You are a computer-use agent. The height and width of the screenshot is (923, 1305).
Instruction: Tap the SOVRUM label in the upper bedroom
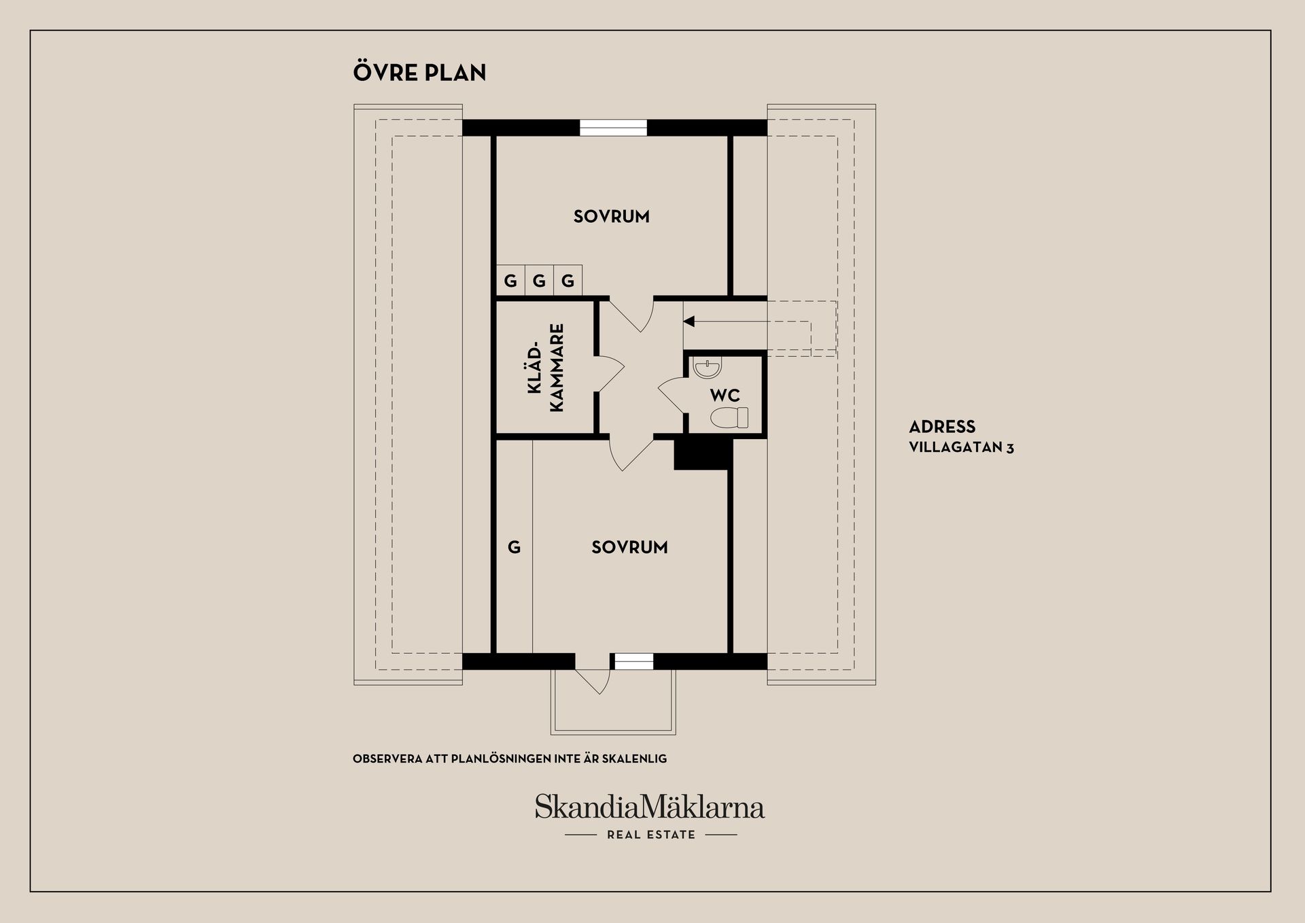click(x=612, y=217)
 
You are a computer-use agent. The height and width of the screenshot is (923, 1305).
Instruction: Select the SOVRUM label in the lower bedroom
click(x=629, y=548)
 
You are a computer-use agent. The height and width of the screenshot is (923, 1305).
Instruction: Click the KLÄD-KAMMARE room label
click(x=546, y=368)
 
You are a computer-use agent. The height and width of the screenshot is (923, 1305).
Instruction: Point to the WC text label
click(x=725, y=396)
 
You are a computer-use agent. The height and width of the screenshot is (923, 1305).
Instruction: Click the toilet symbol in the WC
click(x=729, y=417)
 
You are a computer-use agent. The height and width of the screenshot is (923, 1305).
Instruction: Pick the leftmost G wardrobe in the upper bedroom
click(x=510, y=281)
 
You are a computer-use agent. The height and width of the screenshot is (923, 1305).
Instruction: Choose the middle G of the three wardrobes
click(x=539, y=281)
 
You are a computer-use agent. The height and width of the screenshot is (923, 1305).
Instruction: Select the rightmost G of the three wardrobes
click(x=568, y=281)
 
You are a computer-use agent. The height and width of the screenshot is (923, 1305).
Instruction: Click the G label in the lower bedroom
click(x=514, y=547)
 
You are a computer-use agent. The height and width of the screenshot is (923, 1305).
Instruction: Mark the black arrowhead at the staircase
click(x=689, y=321)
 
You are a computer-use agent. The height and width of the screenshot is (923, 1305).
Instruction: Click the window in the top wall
click(x=613, y=128)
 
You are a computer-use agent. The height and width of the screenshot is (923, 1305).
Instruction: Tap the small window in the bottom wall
click(x=633, y=661)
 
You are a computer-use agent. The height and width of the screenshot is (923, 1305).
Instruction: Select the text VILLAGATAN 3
click(x=961, y=447)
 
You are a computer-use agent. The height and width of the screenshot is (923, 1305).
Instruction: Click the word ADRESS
click(x=942, y=427)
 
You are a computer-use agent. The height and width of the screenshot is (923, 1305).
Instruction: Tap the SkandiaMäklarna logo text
click(x=650, y=807)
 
